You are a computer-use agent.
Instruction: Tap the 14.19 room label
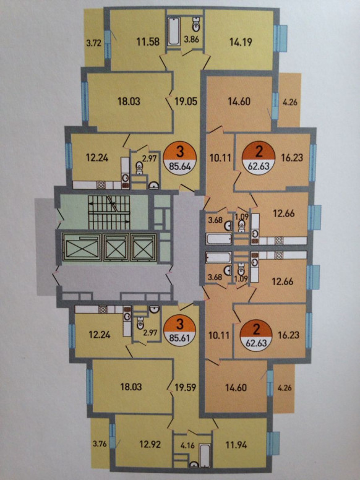pyautogui.click(x=241, y=42)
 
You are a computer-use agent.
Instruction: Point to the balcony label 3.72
pyautogui.click(x=93, y=43)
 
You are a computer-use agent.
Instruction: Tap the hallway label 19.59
pyautogui.click(x=184, y=387)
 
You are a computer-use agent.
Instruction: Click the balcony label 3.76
pyautogui.click(x=100, y=444)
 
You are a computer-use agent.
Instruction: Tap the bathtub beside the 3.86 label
pyautogui.click(x=174, y=32)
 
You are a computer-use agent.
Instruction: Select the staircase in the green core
pyautogui.click(x=109, y=212)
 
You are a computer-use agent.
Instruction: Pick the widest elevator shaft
pyautogui.click(x=81, y=247)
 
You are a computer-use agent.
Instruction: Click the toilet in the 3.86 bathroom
pyautogui.click(x=196, y=25)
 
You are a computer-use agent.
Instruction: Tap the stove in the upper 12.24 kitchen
pyautogui.click(x=101, y=184)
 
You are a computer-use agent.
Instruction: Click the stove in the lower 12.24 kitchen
pyautogui.click(x=103, y=309)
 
